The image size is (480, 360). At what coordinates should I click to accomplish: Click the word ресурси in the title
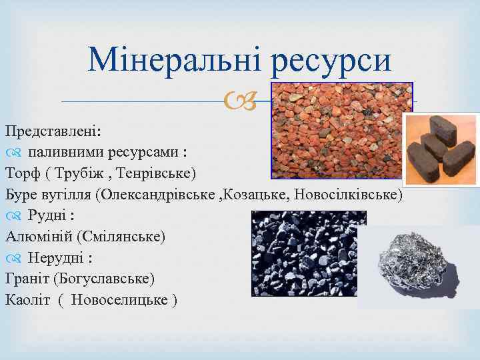[331, 61]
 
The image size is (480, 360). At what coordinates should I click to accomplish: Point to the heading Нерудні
[59, 257]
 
